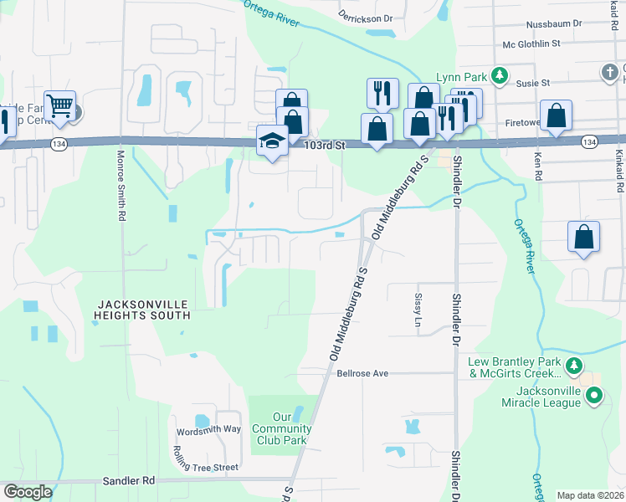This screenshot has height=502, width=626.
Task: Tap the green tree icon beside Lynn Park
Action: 499,75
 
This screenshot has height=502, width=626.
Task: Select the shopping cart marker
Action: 59,105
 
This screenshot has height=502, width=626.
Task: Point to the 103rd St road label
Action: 325,145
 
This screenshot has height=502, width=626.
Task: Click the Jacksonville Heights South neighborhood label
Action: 143,309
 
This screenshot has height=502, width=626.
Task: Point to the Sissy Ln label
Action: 418,310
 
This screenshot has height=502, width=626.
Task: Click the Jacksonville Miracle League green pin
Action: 594,395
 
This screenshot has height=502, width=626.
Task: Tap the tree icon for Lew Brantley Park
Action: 573,366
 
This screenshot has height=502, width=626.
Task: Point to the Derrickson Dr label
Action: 365,18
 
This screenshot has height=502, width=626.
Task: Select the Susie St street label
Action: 533,83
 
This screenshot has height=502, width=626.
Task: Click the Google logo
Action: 28,491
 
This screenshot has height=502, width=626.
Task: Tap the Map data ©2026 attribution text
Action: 590,495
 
